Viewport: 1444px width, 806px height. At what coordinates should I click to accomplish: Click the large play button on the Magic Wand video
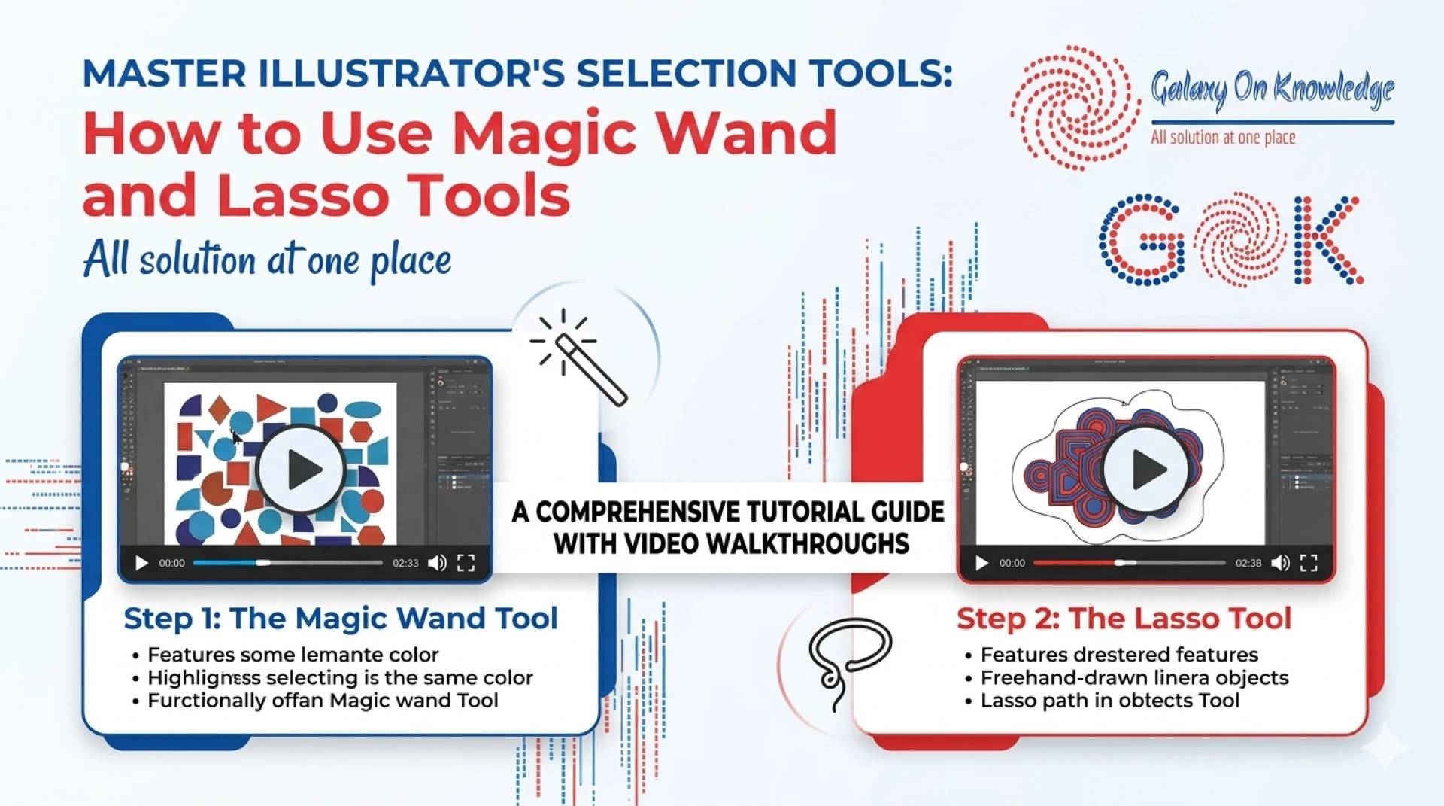click(x=302, y=470)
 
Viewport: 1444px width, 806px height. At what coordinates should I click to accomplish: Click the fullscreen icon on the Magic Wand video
click(x=466, y=563)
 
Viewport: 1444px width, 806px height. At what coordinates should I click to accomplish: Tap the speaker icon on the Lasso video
click(x=1280, y=563)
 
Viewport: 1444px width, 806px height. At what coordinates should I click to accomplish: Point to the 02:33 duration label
click(x=405, y=563)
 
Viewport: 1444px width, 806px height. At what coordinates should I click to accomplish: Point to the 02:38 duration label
click(x=1248, y=563)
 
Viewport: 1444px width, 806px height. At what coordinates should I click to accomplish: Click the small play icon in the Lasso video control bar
click(x=981, y=563)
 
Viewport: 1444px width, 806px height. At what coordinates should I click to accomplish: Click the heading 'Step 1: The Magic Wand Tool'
click(x=341, y=619)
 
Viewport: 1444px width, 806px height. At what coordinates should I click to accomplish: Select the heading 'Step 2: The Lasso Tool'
click(x=1124, y=619)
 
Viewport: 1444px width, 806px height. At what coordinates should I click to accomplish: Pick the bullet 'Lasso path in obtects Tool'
click(x=1109, y=701)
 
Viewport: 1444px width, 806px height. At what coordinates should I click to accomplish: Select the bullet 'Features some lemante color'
click(x=293, y=655)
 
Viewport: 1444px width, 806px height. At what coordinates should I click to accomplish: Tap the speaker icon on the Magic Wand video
click(x=437, y=563)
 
